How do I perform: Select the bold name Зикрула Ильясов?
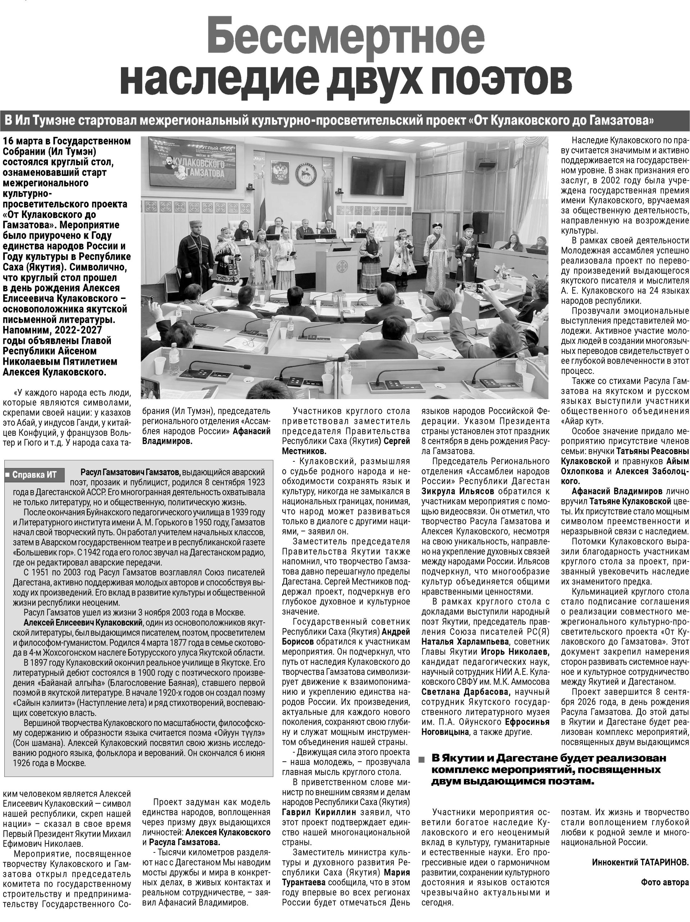[x=457, y=491]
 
